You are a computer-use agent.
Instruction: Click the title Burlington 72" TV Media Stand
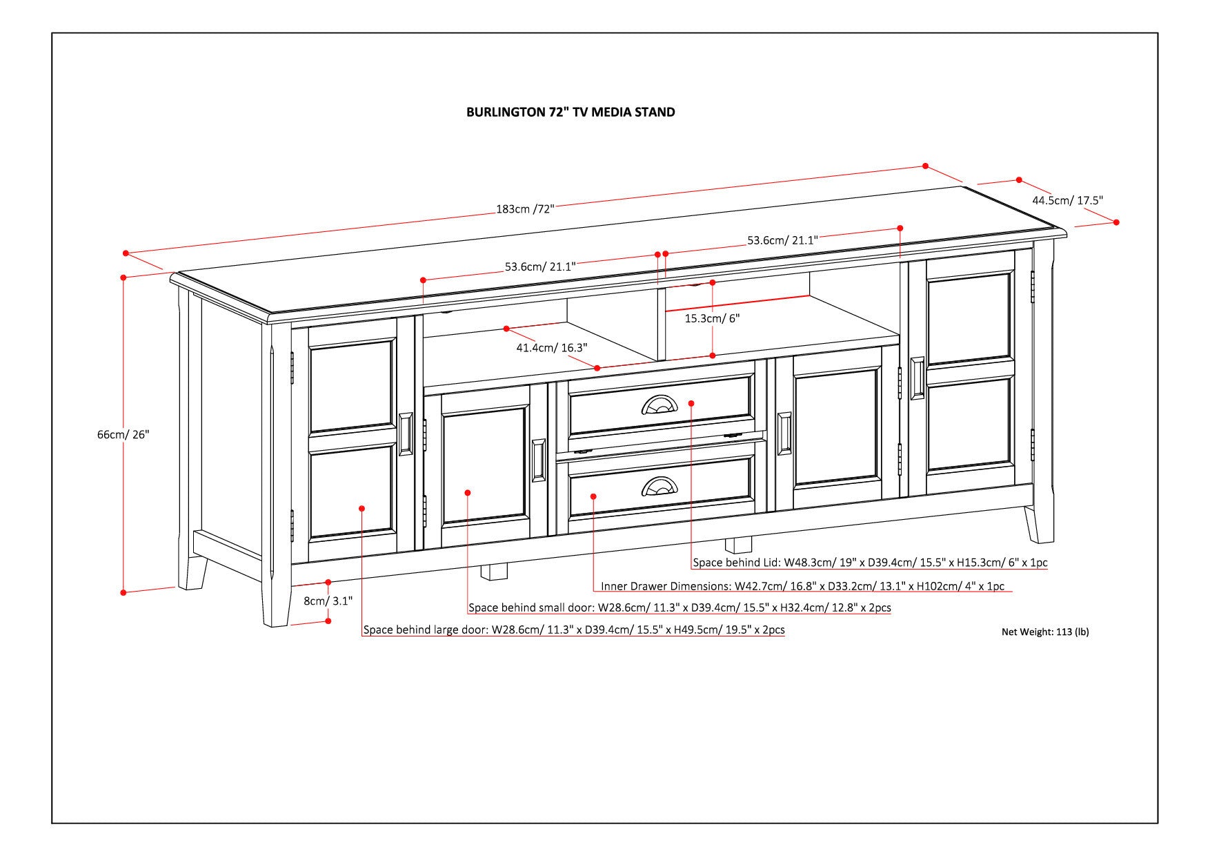click(x=571, y=112)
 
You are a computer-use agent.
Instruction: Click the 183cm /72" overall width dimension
click(x=524, y=208)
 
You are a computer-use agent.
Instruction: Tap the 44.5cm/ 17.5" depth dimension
click(x=1067, y=200)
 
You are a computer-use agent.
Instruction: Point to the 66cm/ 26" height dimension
click(x=123, y=434)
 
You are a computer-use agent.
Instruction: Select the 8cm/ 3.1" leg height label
click(x=328, y=601)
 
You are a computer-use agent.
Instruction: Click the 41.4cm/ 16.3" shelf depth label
click(x=551, y=348)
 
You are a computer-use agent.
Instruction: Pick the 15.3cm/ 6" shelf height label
click(x=712, y=318)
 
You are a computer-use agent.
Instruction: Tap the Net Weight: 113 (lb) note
click(x=1044, y=631)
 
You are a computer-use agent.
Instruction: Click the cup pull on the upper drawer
click(x=659, y=405)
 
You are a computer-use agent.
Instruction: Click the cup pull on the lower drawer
click(x=659, y=487)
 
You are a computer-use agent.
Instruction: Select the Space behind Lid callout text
click(x=870, y=563)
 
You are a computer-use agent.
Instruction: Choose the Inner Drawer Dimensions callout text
click(x=802, y=587)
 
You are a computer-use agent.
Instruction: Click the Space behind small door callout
click(x=680, y=608)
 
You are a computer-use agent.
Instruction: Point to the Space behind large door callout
click(x=573, y=630)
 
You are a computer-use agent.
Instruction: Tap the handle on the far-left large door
click(x=406, y=434)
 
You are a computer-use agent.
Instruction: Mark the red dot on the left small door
click(x=468, y=492)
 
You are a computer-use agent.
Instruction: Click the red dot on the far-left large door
click(x=362, y=508)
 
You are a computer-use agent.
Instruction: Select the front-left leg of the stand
click(x=275, y=601)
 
